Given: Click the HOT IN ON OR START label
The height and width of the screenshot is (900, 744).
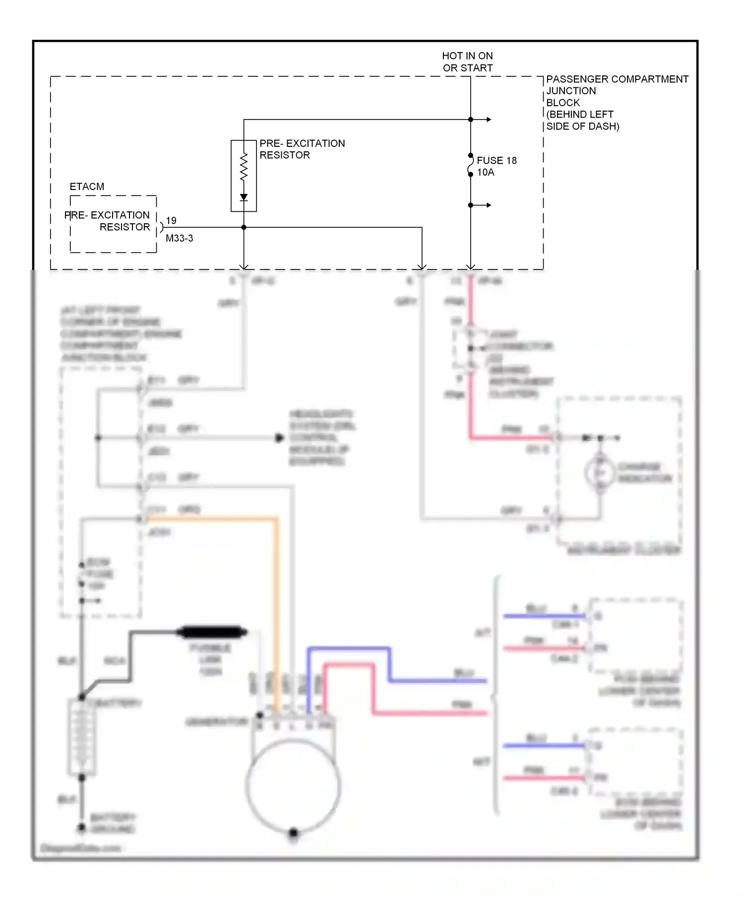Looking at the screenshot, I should [x=467, y=62].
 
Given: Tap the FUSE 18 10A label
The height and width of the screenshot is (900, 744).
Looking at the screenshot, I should [x=496, y=166].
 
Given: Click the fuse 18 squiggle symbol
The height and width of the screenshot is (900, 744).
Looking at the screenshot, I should [x=471, y=165].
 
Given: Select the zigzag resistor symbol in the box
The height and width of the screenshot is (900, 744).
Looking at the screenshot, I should [x=244, y=167].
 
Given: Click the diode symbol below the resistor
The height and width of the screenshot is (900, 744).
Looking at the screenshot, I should [x=244, y=197].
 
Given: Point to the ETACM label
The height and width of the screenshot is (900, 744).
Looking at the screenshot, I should [x=87, y=187].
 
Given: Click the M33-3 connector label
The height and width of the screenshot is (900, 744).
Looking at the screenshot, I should [x=179, y=238].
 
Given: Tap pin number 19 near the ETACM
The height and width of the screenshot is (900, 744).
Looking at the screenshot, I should [x=171, y=220].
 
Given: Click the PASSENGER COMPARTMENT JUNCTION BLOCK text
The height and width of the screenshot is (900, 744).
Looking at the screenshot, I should [x=617, y=102].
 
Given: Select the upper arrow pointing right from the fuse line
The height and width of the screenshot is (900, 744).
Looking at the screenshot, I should [x=488, y=120].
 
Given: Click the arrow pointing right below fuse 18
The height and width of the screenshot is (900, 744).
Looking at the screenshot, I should [x=488, y=205].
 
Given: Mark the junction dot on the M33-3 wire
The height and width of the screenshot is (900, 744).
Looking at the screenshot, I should [x=244, y=227].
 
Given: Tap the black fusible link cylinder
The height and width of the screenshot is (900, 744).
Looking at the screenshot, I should [x=212, y=632].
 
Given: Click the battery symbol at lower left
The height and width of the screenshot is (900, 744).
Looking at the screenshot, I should [x=81, y=736].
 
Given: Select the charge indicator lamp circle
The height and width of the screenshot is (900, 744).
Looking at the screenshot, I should [x=600, y=473].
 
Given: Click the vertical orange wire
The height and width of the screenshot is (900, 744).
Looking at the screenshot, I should [x=276, y=615].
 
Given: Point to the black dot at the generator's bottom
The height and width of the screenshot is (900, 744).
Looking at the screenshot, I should [x=293, y=832].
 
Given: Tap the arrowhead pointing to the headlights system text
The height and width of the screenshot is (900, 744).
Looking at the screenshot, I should [x=280, y=438].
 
